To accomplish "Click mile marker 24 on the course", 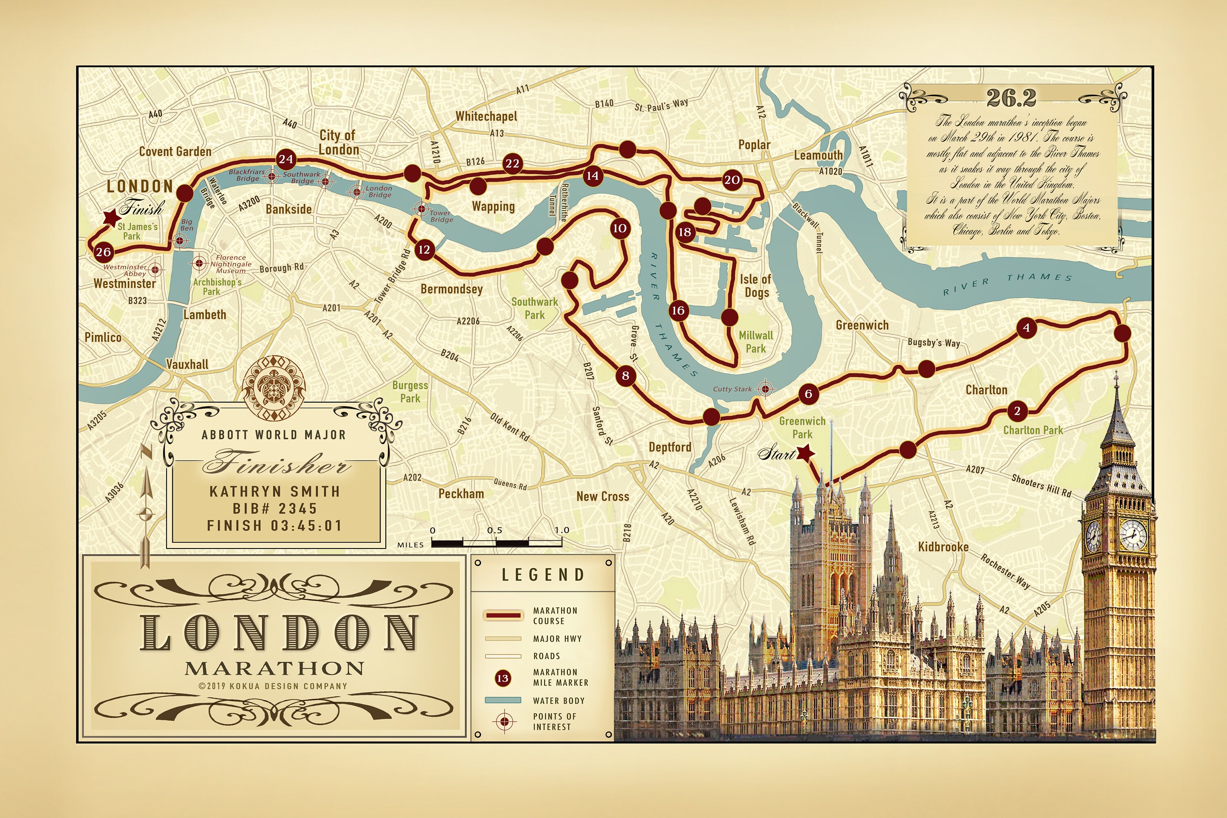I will pos(286,159).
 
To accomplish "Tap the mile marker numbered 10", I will pos(620,229).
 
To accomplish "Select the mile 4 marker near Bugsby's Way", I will pos(1027,328).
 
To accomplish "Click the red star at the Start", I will pos(805,453).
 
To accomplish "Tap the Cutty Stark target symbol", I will pos(765,389).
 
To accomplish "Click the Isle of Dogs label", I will pos(755,286).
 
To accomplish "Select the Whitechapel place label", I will pos(486,116).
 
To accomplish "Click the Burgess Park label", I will pos(410,391).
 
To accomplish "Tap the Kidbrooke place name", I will pos(943,547).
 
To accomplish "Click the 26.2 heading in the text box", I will pos(1011,98).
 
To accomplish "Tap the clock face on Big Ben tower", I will pos(1133,535).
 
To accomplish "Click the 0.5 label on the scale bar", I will pos(494,530).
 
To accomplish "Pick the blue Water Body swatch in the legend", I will pos(503,700).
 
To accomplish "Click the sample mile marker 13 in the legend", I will pos(502,678).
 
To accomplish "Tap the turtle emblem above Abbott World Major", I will pos(274,388).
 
